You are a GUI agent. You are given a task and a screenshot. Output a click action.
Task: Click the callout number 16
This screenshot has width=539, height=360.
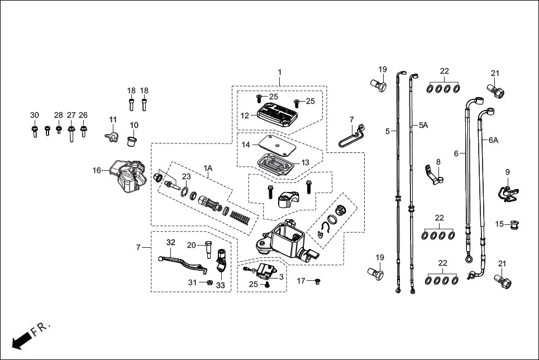tap(97, 170)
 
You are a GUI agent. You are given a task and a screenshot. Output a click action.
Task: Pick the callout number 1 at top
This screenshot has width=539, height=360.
tap(280, 73)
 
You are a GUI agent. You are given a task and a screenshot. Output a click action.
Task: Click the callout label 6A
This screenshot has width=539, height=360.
tap(493, 141)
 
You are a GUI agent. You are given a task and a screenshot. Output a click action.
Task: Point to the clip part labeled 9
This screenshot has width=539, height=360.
tap(507, 191)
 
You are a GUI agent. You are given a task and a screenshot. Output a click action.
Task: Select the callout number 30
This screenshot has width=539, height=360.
tap(35, 115)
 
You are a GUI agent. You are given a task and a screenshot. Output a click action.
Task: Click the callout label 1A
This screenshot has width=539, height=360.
tap(208, 167)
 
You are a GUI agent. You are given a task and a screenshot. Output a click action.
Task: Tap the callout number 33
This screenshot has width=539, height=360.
tap(220, 285)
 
